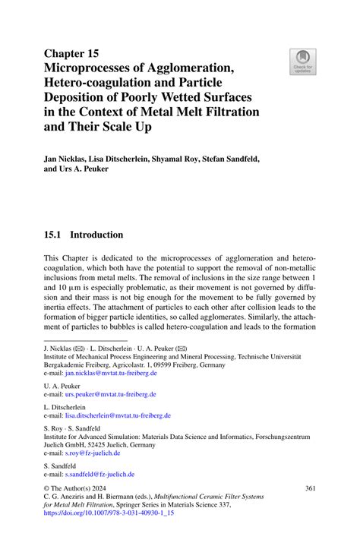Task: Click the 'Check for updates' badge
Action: [x=302, y=61]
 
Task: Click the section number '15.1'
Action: [x=55, y=235]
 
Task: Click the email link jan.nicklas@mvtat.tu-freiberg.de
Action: [x=111, y=374]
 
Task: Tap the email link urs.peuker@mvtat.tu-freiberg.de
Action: [x=111, y=395]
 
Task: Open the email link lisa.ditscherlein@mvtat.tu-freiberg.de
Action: [x=118, y=415]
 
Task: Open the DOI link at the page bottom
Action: [x=109, y=513]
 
